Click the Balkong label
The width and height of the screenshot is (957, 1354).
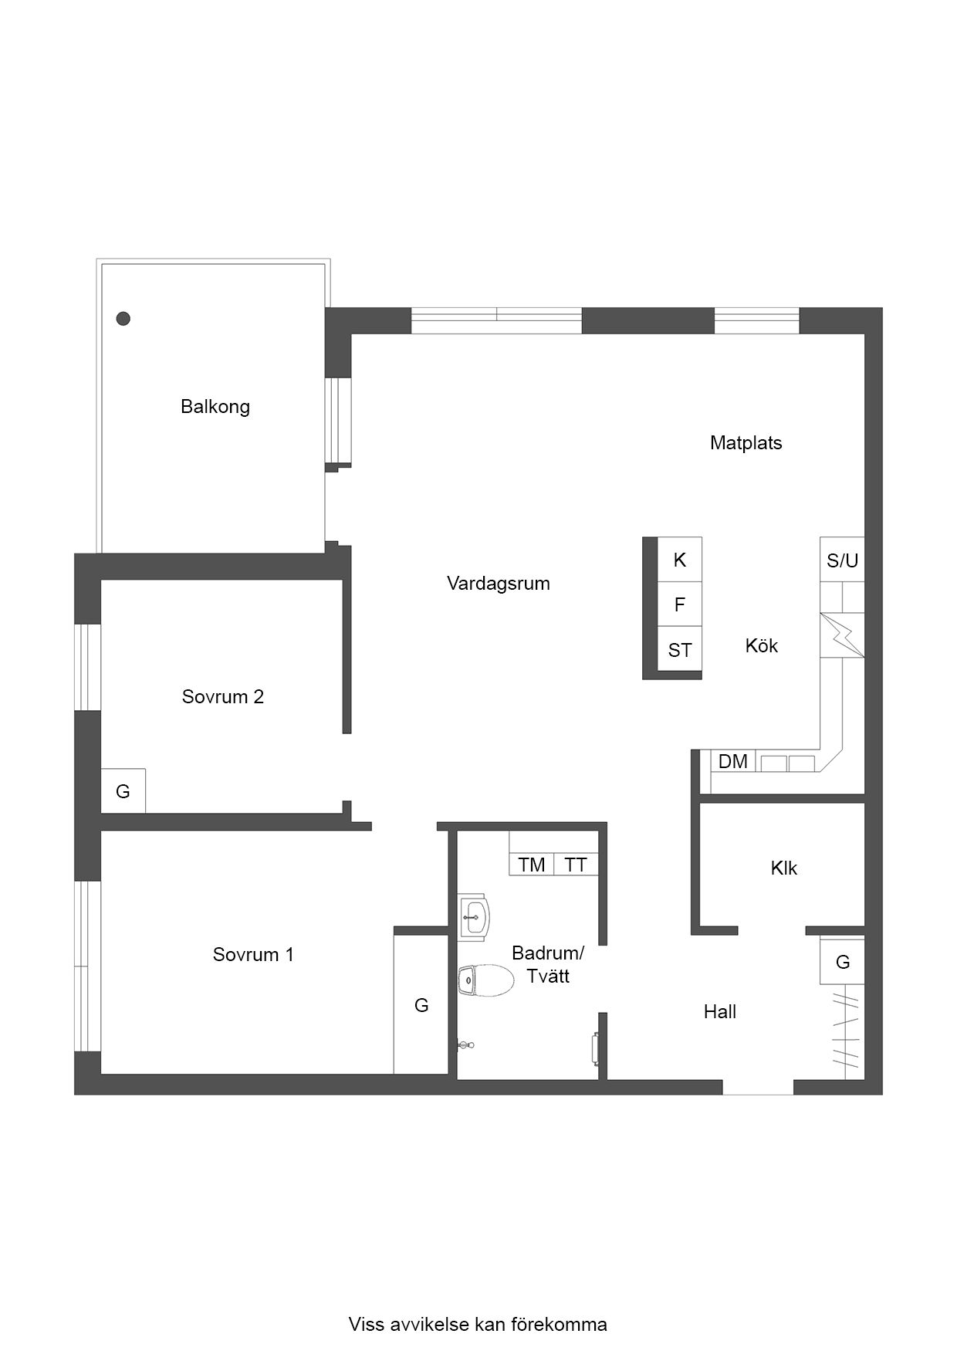tap(215, 407)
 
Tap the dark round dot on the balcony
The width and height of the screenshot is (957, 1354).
tap(123, 318)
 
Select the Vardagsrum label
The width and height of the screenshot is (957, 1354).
tap(499, 584)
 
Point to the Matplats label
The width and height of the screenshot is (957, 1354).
tap(746, 443)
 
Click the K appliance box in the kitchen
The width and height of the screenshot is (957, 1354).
tap(679, 560)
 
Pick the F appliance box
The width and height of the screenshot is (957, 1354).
tap(679, 604)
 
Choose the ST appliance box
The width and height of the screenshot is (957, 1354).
tap(679, 649)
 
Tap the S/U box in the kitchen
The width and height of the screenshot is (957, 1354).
tap(842, 559)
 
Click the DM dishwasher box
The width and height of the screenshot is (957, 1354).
tap(733, 762)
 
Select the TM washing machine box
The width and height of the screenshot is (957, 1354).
tap(532, 865)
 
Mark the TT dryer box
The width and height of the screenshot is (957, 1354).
tap(577, 865)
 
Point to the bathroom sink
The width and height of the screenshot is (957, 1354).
tap(474, 917)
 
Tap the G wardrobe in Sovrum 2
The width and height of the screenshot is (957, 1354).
tap(123, 791)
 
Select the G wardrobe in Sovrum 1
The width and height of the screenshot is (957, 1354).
tap(421, 1004)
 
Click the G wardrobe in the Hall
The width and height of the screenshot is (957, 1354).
tap(842, 962)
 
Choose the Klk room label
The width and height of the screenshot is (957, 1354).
tap(783, 868)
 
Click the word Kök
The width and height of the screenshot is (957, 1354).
tap(762, 645)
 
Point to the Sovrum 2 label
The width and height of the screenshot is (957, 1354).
tap(223, 697)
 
